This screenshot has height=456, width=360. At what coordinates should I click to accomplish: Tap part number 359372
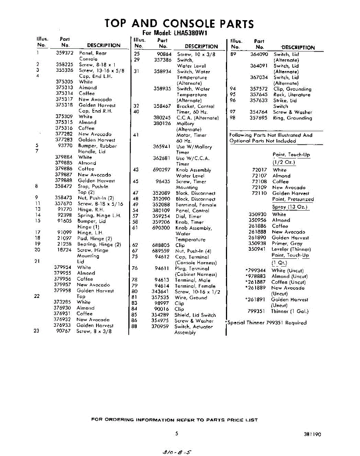pyautogui.click(x=64, y=53)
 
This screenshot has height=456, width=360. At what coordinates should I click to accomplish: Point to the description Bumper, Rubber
pyautogui.click(x=97, y=146)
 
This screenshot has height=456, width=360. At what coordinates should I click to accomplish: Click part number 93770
pyautogui.click(x=65, y=146)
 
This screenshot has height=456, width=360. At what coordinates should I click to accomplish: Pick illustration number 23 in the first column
pyautogui.click(x=36, y=331)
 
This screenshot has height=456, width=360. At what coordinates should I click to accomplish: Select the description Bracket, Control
pyautogui.click(x=195, y=106)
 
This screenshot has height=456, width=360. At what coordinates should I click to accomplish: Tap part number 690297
pyautogui.click(x=161, y=170)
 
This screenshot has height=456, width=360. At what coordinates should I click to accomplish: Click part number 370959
pyautogui.click(x=160, y=326)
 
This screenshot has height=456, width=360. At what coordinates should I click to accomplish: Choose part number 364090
pyautogui.click(x=259, y=54)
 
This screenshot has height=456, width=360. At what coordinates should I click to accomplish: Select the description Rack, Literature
pyautogui.click(x=292, y=95)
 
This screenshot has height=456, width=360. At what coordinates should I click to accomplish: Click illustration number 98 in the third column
pyautogui.click(x=233, y=118)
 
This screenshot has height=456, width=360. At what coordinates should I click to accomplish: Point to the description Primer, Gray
pyautogui.click(x=287, y=243)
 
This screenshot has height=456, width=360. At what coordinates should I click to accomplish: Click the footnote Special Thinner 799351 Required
pyautogui.click(x=267, y=323)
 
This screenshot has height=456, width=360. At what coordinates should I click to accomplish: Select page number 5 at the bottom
pyautogui.click(x=177, y=434)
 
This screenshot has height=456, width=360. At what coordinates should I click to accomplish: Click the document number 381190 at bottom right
pyautogui.click(x=312, y=434)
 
